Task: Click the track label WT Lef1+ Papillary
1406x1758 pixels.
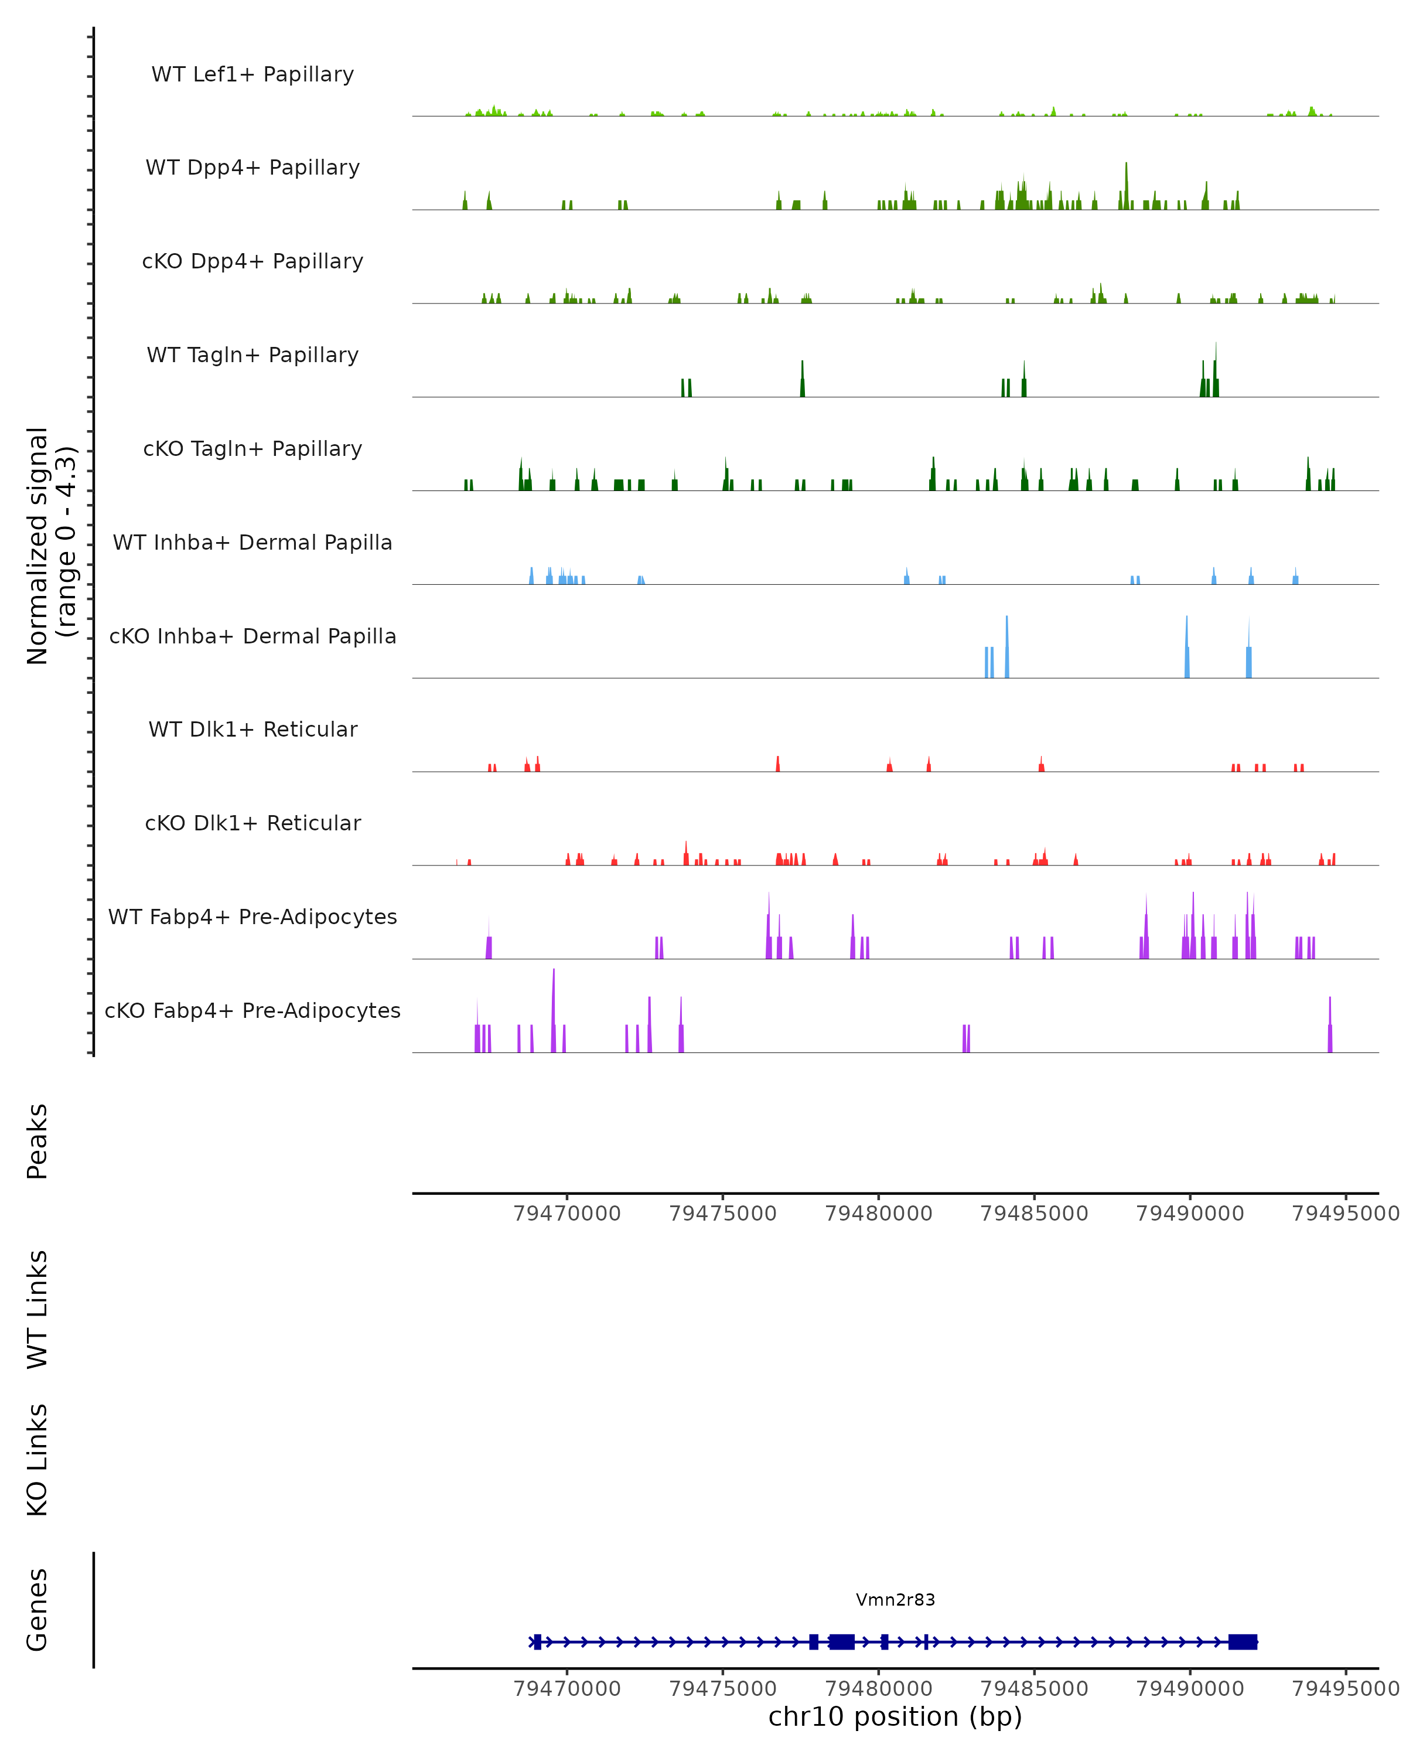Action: pyautogui.click(x=252, y=74)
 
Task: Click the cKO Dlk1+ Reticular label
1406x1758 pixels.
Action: pyautogui.click(x=252, y=823)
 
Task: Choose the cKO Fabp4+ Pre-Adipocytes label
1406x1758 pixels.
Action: pyautogui.click(x=252, y=1010)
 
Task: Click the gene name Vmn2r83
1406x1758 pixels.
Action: pyautogui.click(x=895, y=1600)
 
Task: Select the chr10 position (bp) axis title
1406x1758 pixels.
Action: pyautogui.click(x=895, y=1716)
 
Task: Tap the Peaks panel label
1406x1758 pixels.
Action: pyautogui.click(x=37, y=1142)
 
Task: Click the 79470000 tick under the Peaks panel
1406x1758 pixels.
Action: pyautogui.click(x=567, y=1214)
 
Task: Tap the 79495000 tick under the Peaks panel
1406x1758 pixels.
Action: pyautogui.click(x=1346, y=1214)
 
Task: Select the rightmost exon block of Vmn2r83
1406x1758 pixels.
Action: pyautogui.click(x=1243, y=1642)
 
